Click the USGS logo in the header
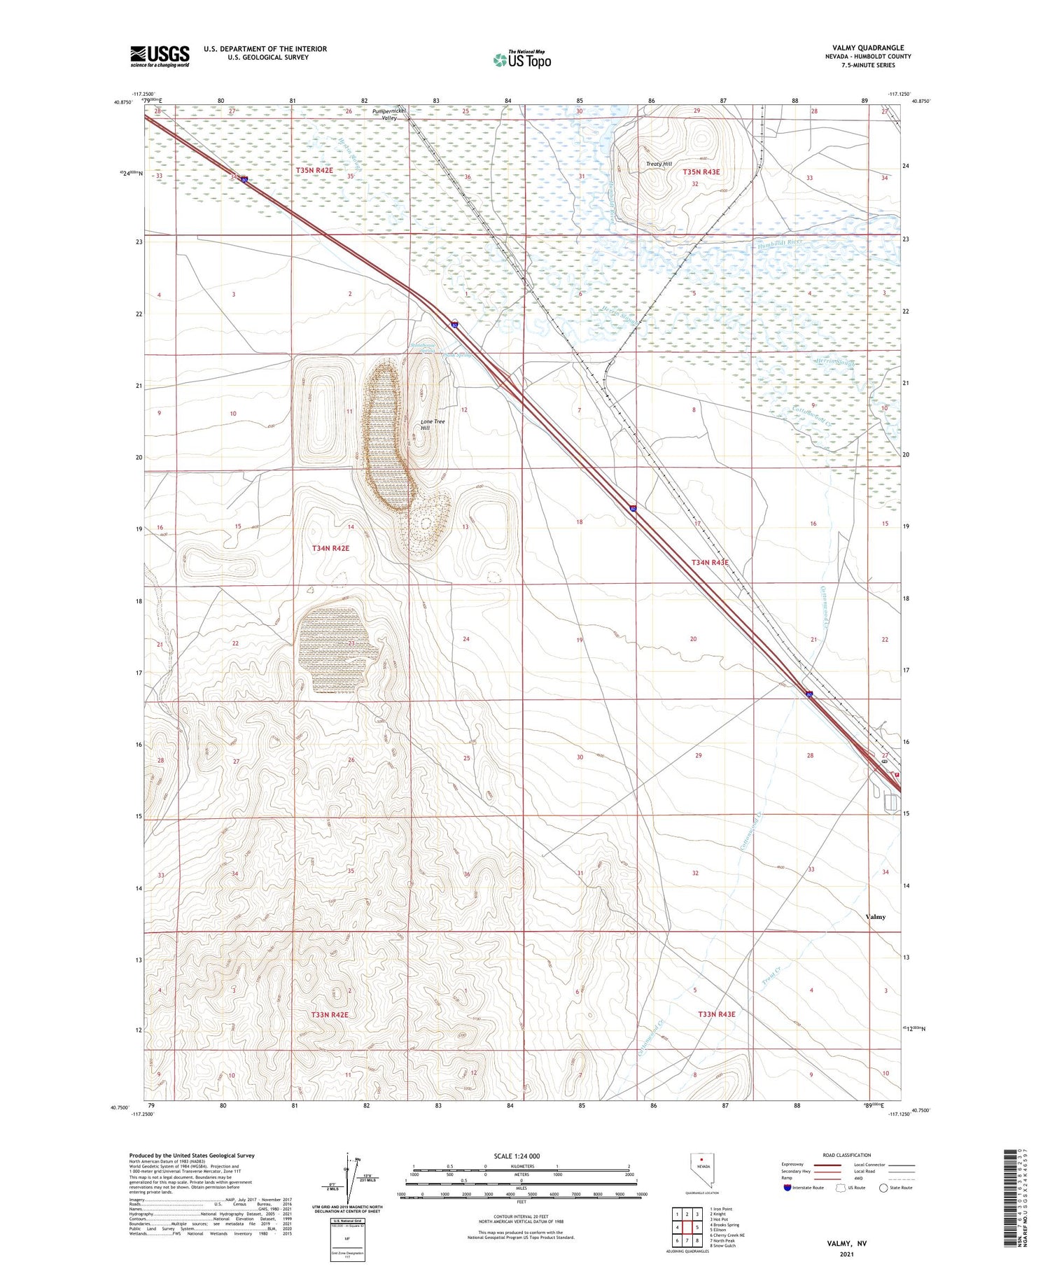[160, 56]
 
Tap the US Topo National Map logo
[522, 59]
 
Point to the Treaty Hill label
[659, 164]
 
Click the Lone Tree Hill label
[432, 424]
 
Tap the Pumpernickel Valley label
[389, 114]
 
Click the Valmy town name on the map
[875, 916]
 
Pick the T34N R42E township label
[330, 549]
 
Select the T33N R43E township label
[716, 1014]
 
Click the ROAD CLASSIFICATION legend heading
[847, 1155]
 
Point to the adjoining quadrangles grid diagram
[687, 1227]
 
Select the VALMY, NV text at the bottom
[846, 1243]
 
